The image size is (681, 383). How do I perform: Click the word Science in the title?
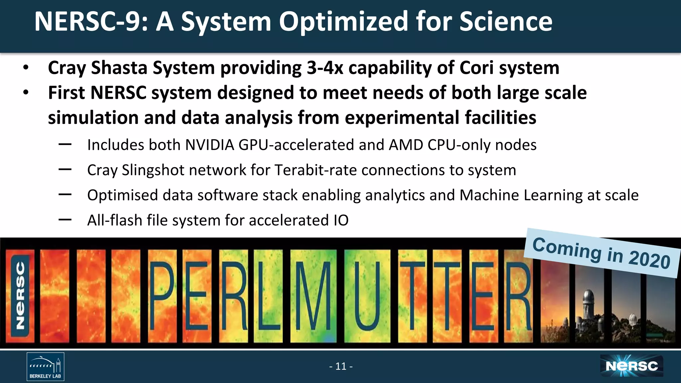point(506,22)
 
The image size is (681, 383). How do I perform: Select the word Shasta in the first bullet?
point(119,68)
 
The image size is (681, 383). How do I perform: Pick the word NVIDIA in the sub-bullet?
point(209,145)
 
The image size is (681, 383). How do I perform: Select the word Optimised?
point(122,195)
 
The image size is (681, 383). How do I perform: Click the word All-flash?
point(115,220)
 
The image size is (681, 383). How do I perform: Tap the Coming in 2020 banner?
point(601,253)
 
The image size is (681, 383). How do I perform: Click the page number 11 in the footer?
point(341,366)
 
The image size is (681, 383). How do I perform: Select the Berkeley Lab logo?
point(46,366)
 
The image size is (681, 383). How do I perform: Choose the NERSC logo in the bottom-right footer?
point(631,366)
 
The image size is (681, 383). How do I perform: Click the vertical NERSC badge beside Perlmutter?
point(21,296)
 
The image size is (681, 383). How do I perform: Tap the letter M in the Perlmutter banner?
point(313,296)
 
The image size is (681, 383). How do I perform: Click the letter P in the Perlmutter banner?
point(162,296)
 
